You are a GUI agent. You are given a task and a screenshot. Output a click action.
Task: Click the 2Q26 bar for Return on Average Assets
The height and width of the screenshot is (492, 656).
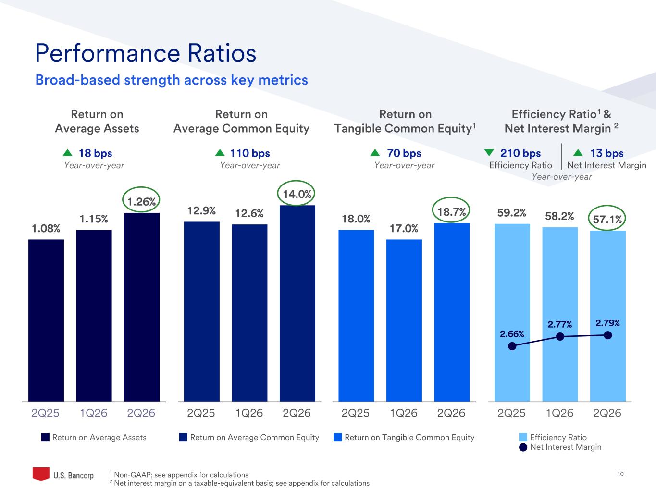[x=142, y=307]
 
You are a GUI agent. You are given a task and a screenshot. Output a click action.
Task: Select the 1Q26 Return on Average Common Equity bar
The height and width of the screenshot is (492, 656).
[x=249, y=313]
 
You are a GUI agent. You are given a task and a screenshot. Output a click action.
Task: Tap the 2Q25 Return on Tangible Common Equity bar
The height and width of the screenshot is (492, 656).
[x=356, y=316]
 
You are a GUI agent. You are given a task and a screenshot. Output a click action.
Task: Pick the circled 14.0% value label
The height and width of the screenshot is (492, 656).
[x=297, y=194]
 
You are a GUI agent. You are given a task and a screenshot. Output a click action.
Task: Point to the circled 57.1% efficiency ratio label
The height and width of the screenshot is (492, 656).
[x=607, y=220]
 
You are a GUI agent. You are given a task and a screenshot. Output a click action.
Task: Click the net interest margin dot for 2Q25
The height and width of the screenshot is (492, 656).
[x=512, y=346]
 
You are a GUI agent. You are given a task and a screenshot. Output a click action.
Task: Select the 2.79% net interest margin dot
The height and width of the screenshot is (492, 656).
[x=607, y=335]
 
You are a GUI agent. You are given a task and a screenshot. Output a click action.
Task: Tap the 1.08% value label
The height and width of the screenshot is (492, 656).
[x=46, y=229]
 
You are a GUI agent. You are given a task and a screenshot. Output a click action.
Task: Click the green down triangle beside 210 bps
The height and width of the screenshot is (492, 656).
[x=489, y=153]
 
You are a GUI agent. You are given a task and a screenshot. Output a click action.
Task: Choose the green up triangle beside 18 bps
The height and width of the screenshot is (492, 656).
[x=68, y=153]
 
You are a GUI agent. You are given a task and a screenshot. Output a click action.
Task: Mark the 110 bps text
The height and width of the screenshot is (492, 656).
[x=250, y=153]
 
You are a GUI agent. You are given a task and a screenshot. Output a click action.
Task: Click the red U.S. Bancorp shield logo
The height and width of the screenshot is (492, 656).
[x=41, y=474]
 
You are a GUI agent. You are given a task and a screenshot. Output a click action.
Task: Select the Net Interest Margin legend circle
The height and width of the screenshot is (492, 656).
[x=523, y=447]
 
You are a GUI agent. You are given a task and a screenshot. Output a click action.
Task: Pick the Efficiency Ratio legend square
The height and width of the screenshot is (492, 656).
[x=523, y=437]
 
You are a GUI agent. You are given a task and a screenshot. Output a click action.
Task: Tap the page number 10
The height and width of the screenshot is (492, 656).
[x=620, y=474]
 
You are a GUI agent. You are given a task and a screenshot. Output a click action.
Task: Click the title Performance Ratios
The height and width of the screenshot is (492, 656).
[x=146, y=53]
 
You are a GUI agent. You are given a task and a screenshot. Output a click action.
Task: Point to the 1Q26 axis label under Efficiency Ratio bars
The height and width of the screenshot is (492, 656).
[x=559, y=413]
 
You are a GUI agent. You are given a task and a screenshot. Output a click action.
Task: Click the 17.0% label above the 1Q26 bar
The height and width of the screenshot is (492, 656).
[x=404, y=229]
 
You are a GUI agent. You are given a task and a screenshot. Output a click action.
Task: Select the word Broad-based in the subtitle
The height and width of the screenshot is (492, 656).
[x=78, y=80]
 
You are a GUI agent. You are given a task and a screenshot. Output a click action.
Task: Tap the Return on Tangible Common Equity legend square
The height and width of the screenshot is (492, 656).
[x=338, y=437]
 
